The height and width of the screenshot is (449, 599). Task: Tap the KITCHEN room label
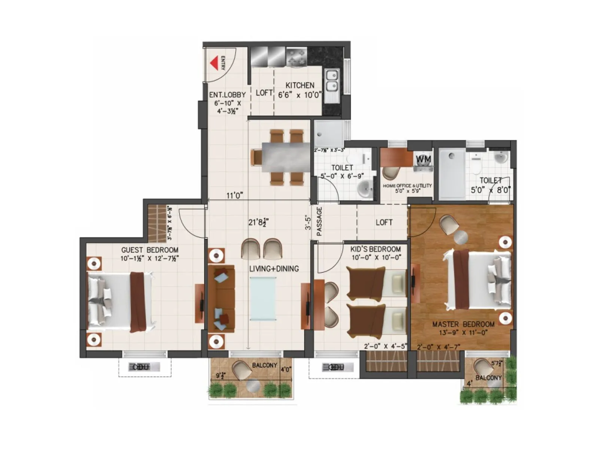pos(300,85)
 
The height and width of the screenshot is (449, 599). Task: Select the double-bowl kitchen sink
pos(332,81)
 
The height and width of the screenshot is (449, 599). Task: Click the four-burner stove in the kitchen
pos(297,57)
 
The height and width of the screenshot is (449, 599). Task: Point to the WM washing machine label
pos(423,159)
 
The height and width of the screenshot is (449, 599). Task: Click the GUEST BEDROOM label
pos(150,250)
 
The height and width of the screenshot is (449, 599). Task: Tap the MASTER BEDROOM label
pos(463,324)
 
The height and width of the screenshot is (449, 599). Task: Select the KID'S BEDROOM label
pos(375,249)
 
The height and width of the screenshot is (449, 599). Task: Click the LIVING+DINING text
pos(274,269)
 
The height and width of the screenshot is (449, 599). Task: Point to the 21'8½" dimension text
pos(259,222)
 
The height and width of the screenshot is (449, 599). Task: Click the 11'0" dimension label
pos(235,195)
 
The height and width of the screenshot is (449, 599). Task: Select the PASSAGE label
pos(319,222)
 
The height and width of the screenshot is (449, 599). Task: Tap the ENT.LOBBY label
pos(227,95)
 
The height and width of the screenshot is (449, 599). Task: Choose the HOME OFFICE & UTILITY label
pos(407,186)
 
